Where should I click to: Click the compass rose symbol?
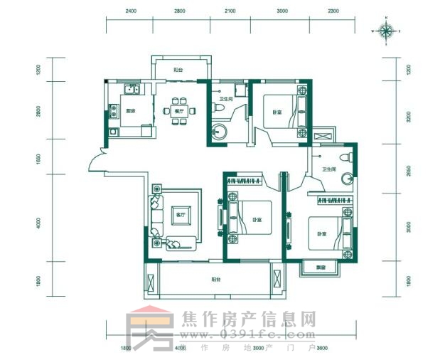(387, 31)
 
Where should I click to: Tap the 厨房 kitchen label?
(131, 111)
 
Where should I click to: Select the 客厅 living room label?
(179, 215)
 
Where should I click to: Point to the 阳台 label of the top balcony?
(178, 70)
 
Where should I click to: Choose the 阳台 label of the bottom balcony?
(214, 280)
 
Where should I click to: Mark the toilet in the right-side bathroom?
(345, 157)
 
